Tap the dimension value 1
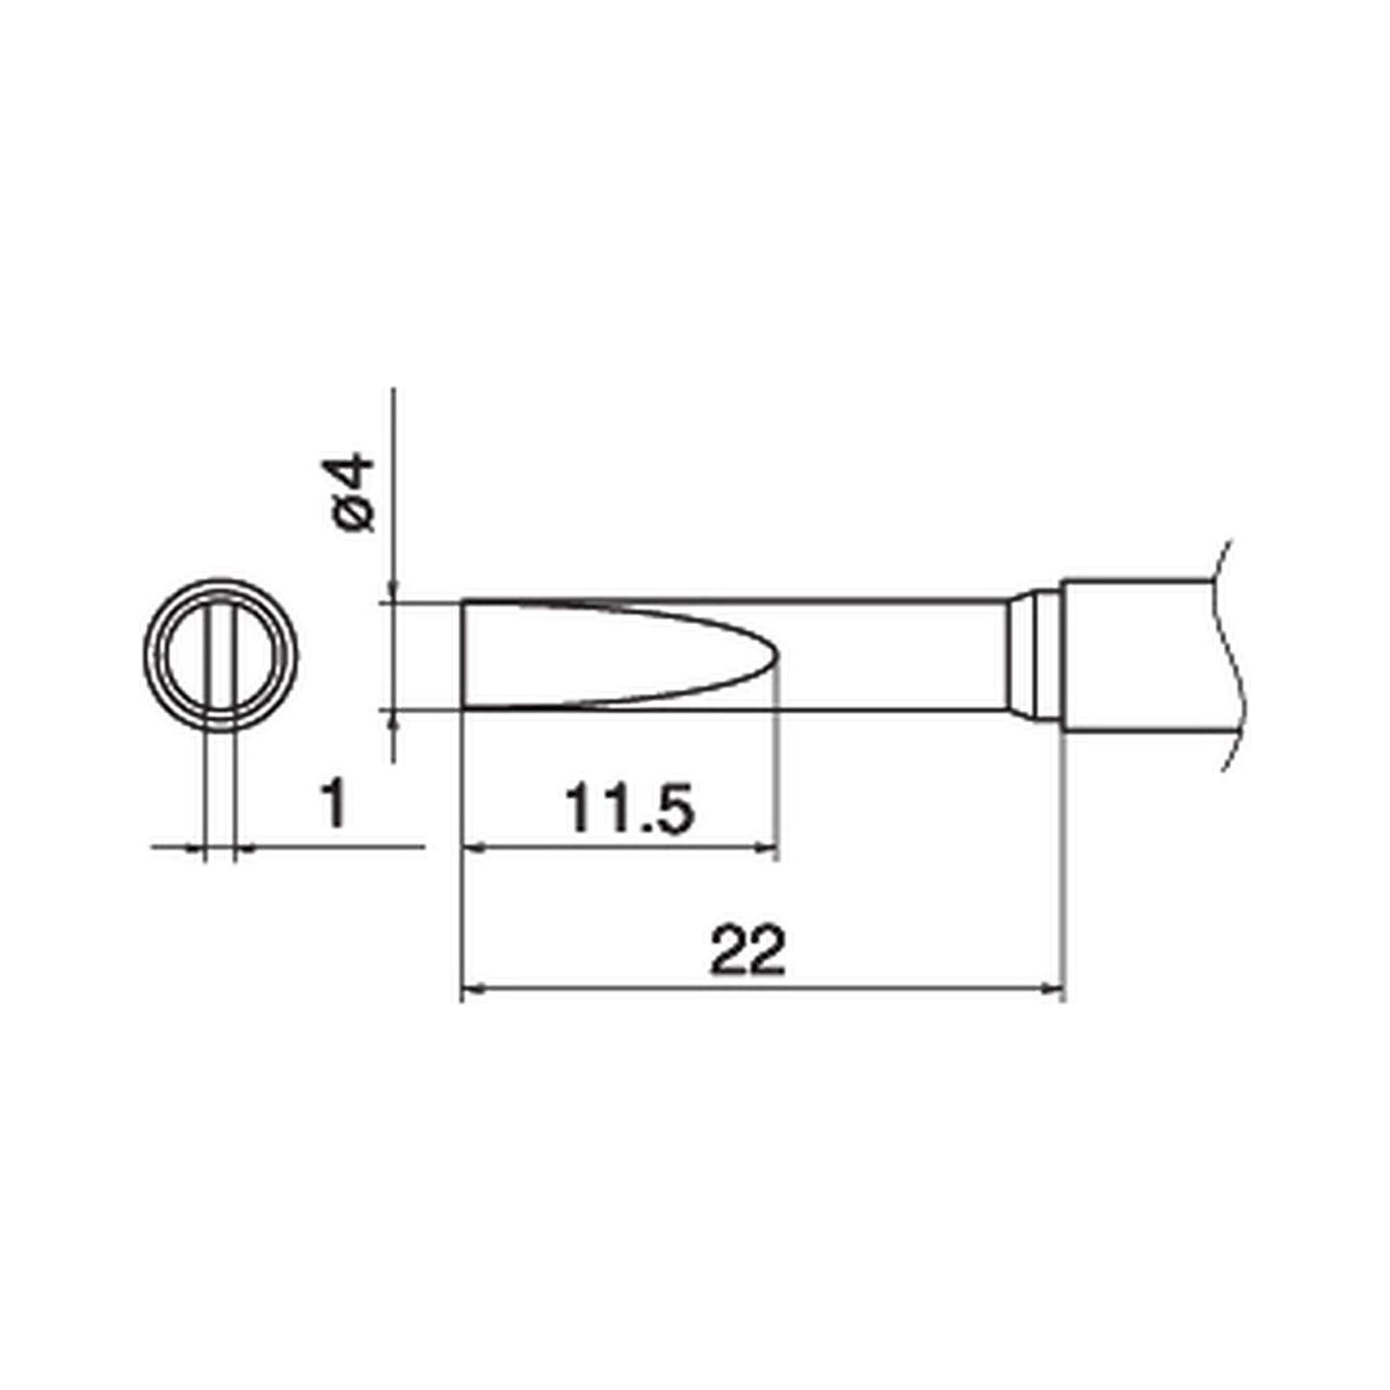[x=333, y=805]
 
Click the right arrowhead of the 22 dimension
[x=1055, y=990]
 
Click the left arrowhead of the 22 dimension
[x=471, y=990]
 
